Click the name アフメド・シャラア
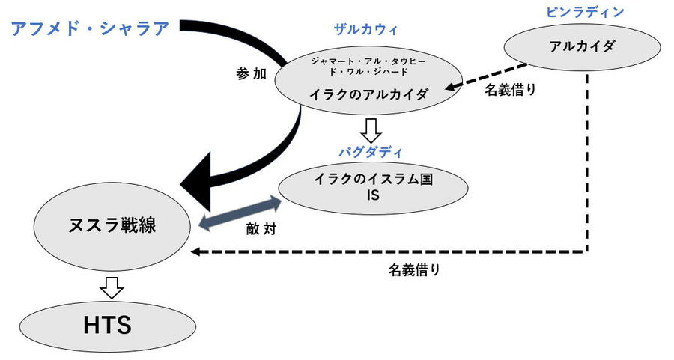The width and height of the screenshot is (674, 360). coord(90,29)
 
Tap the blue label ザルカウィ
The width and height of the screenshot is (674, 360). coord(365,30)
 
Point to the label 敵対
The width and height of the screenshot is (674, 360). coord(261,229)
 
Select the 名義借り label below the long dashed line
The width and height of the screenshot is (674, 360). coord(414,271)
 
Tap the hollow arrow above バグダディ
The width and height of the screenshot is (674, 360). coord(371,130)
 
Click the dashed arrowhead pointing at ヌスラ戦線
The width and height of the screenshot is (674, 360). coord(196,252)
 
